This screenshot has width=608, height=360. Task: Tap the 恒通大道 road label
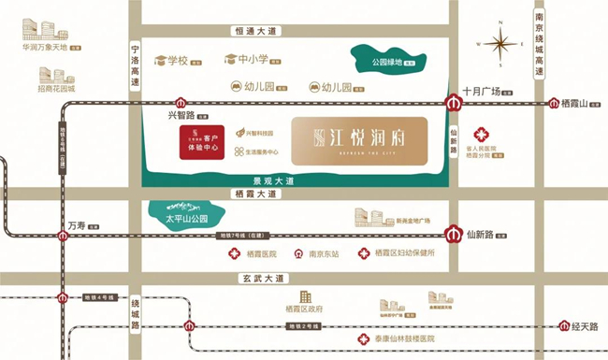256,31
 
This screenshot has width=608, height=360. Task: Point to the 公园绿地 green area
385,62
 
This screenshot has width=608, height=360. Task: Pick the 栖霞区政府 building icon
303,296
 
